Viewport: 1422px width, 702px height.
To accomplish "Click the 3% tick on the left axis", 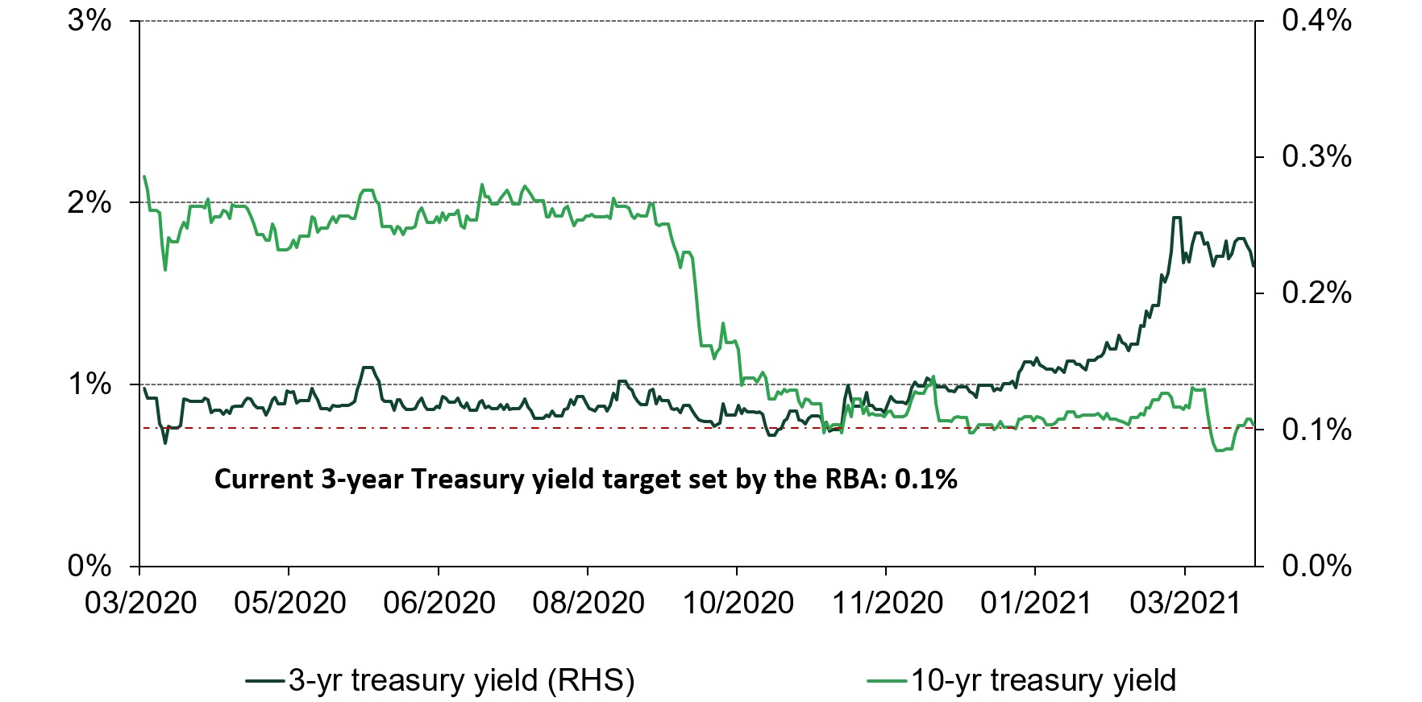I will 89,20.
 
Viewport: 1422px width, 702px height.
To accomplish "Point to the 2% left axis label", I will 89,202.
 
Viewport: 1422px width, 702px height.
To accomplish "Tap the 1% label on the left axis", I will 89,384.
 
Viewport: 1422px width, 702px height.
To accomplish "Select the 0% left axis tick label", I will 89,566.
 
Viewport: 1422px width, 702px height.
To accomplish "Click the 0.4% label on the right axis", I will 1316,20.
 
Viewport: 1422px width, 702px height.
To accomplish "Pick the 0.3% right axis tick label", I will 1316,156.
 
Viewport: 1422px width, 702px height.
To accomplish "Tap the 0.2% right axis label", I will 1316,293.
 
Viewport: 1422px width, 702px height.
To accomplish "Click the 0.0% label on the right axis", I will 1316,566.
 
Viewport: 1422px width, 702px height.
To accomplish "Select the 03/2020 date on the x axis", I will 141,603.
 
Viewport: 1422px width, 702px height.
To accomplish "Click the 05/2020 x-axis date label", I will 290,603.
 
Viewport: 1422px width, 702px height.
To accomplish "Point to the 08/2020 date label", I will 588,603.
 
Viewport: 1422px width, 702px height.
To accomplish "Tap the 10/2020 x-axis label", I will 738,603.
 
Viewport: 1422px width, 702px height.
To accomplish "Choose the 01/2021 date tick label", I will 1035,603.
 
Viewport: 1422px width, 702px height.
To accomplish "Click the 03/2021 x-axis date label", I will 1184,603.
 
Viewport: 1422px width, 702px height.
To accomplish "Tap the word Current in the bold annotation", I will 264,480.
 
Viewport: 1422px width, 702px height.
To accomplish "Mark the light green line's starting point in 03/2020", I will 143,177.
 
